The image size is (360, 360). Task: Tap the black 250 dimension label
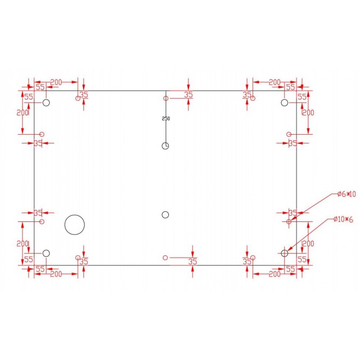(x=166, y=118)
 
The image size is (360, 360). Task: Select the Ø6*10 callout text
(x=346, y=194)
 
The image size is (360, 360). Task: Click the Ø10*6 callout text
(x=343, y=220)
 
